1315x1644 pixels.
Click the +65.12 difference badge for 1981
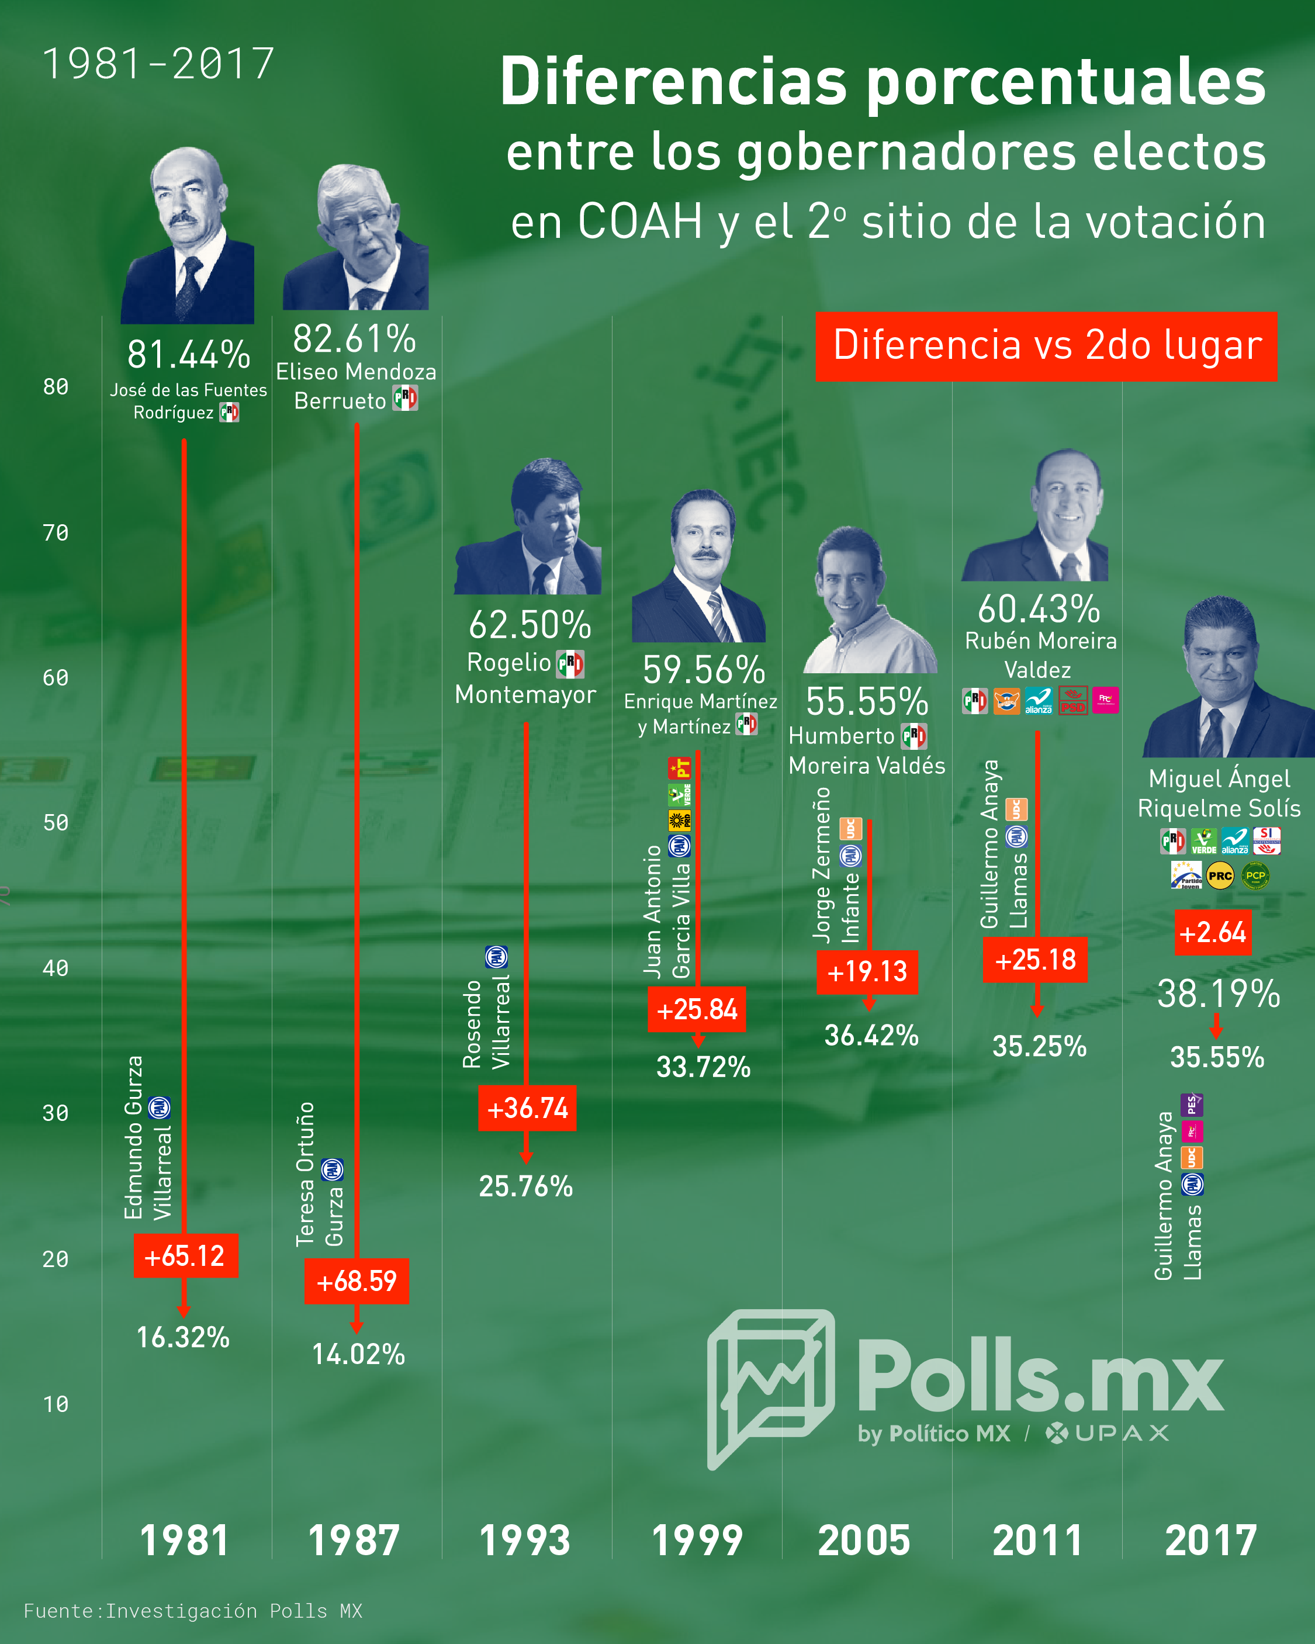(x=186, y=1255)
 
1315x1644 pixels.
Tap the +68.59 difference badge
(x=356, y=1281)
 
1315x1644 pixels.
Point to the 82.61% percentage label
(x=355, y=338)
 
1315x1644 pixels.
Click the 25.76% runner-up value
(x=525, y=1186)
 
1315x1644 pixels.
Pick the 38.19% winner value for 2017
(x=1218, y=994)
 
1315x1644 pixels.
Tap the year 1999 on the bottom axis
(x=697, y=1541)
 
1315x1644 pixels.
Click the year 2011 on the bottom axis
(x=1037, y=1541)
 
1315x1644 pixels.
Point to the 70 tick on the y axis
(x=56, y=532)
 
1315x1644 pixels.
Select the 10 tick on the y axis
(x=56, y=1404)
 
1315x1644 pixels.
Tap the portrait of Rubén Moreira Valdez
(x=1036, y=515)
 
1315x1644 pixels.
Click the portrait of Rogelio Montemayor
(x=528, y=526)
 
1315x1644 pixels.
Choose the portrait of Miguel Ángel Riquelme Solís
(x=1228, y=676)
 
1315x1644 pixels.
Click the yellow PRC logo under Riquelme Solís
(x=1220, y=876)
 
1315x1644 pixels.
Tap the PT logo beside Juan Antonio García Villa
(x=679, y=767)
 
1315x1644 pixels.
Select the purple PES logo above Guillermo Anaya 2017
(x=1192, y=1104)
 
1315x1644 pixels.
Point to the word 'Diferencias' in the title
(x=673, y=82)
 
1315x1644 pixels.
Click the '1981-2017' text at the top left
(x=158, y=63)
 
